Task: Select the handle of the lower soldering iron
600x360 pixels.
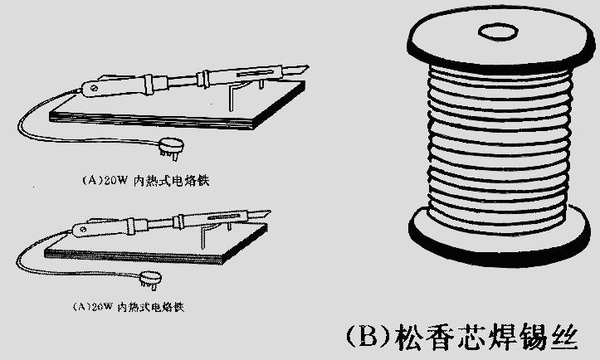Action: [x=104, y=227]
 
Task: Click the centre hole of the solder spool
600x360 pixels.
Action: [x=496, y=34]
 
